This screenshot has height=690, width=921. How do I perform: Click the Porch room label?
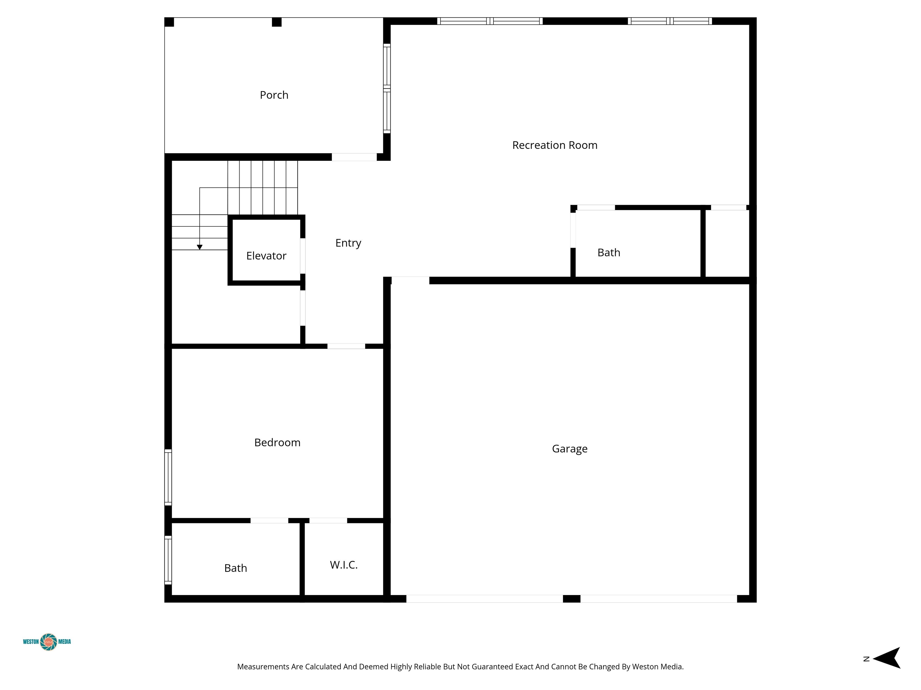point(274,95)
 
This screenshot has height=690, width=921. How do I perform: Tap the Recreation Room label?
point(555,145)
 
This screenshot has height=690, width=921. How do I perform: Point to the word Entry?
point(348,243)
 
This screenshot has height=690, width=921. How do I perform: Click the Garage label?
point(570,449)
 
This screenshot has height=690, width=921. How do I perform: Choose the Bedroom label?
point(277,443)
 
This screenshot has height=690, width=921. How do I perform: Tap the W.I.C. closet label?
point(344,565)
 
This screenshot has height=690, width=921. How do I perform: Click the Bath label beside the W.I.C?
point(236,568)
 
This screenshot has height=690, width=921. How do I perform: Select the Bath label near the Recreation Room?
point(609,252)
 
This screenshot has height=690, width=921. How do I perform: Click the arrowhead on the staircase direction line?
point(199,247)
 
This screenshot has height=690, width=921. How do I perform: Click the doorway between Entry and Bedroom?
point(346,346)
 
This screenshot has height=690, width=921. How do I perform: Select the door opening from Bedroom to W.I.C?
point(328,520)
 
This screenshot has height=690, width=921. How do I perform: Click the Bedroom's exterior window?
point(168,477)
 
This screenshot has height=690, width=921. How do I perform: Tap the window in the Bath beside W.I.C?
point(168,560)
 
